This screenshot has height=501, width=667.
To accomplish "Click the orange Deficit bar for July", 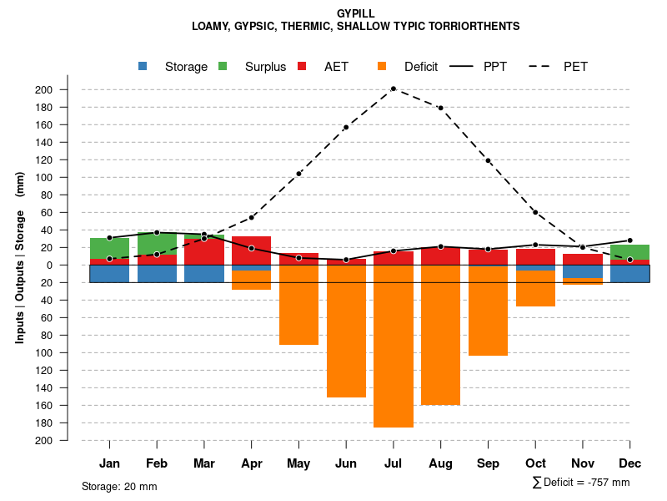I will tap(394, 346).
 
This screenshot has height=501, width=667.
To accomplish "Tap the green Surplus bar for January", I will tap(109, 248).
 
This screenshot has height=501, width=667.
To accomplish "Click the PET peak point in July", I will tap(394, 89).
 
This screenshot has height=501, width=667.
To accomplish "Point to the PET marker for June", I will tap(346, 128).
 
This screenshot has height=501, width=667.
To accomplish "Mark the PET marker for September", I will tap(488, 160).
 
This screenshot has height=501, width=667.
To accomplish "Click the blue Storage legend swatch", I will tap(143, 66).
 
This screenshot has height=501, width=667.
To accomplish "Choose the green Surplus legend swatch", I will tap(223, 66).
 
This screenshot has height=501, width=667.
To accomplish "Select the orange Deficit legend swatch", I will tap(382, 66).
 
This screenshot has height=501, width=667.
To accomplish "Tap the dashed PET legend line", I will tap(543, 66).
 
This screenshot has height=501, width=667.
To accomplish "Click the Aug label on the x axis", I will tap(440, 463).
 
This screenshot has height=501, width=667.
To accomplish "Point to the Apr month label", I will tap(251, 463).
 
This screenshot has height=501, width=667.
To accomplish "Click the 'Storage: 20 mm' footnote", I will tap(119, 486).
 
